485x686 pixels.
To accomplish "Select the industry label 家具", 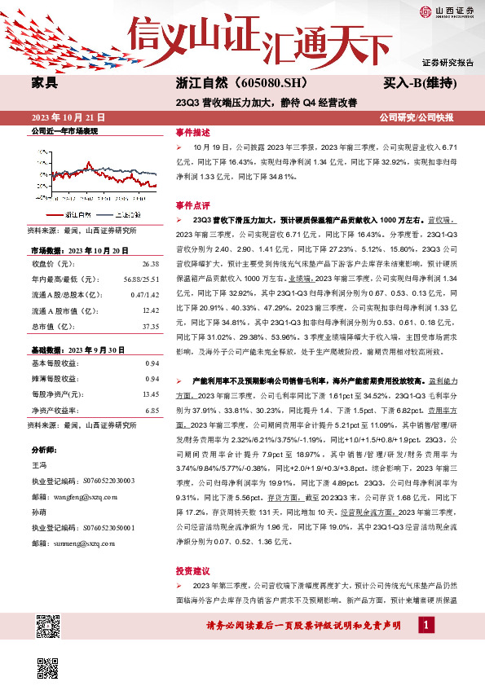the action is tap(44, 82).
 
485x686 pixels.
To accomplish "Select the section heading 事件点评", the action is tap(192, 206).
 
